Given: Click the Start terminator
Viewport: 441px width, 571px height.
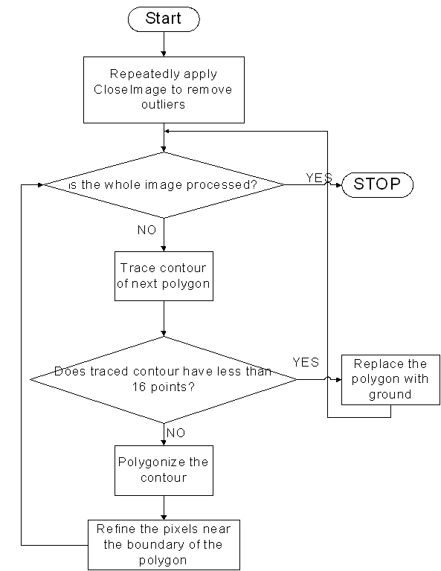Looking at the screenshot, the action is pos(164,19).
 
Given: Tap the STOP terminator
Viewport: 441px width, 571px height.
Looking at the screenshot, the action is pos(377,184).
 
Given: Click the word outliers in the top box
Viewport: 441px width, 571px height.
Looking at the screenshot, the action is pos(163,105).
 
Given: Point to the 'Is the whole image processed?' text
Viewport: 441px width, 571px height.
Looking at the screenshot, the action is pos(163,185).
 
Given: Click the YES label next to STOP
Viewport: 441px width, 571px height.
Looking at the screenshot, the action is pos(319,178).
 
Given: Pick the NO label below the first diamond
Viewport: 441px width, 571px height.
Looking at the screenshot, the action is pos(147,230).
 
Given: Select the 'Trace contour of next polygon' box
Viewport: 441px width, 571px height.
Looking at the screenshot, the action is pos(164,276).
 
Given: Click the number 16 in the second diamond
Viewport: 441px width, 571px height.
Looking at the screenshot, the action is pos(139,387).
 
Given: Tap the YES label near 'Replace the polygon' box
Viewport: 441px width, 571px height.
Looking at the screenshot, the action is pos(306,362).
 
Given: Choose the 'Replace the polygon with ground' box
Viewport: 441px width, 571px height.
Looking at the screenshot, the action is pos(390,380).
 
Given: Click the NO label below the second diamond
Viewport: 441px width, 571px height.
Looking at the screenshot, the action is pos(176,433).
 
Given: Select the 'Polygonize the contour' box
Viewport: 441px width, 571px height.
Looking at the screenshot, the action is pos(164,471).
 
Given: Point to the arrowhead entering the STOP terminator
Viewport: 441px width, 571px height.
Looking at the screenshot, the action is pos(339,185).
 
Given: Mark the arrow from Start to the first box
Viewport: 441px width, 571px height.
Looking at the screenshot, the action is pos(164,44).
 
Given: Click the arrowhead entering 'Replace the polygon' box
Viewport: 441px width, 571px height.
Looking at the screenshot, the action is pos(338,380).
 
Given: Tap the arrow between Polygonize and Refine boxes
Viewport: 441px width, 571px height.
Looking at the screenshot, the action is pos(164,508).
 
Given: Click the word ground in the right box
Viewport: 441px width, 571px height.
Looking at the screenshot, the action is pos(390,395).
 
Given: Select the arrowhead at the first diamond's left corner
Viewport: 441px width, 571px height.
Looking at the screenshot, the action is pos(40,185).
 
